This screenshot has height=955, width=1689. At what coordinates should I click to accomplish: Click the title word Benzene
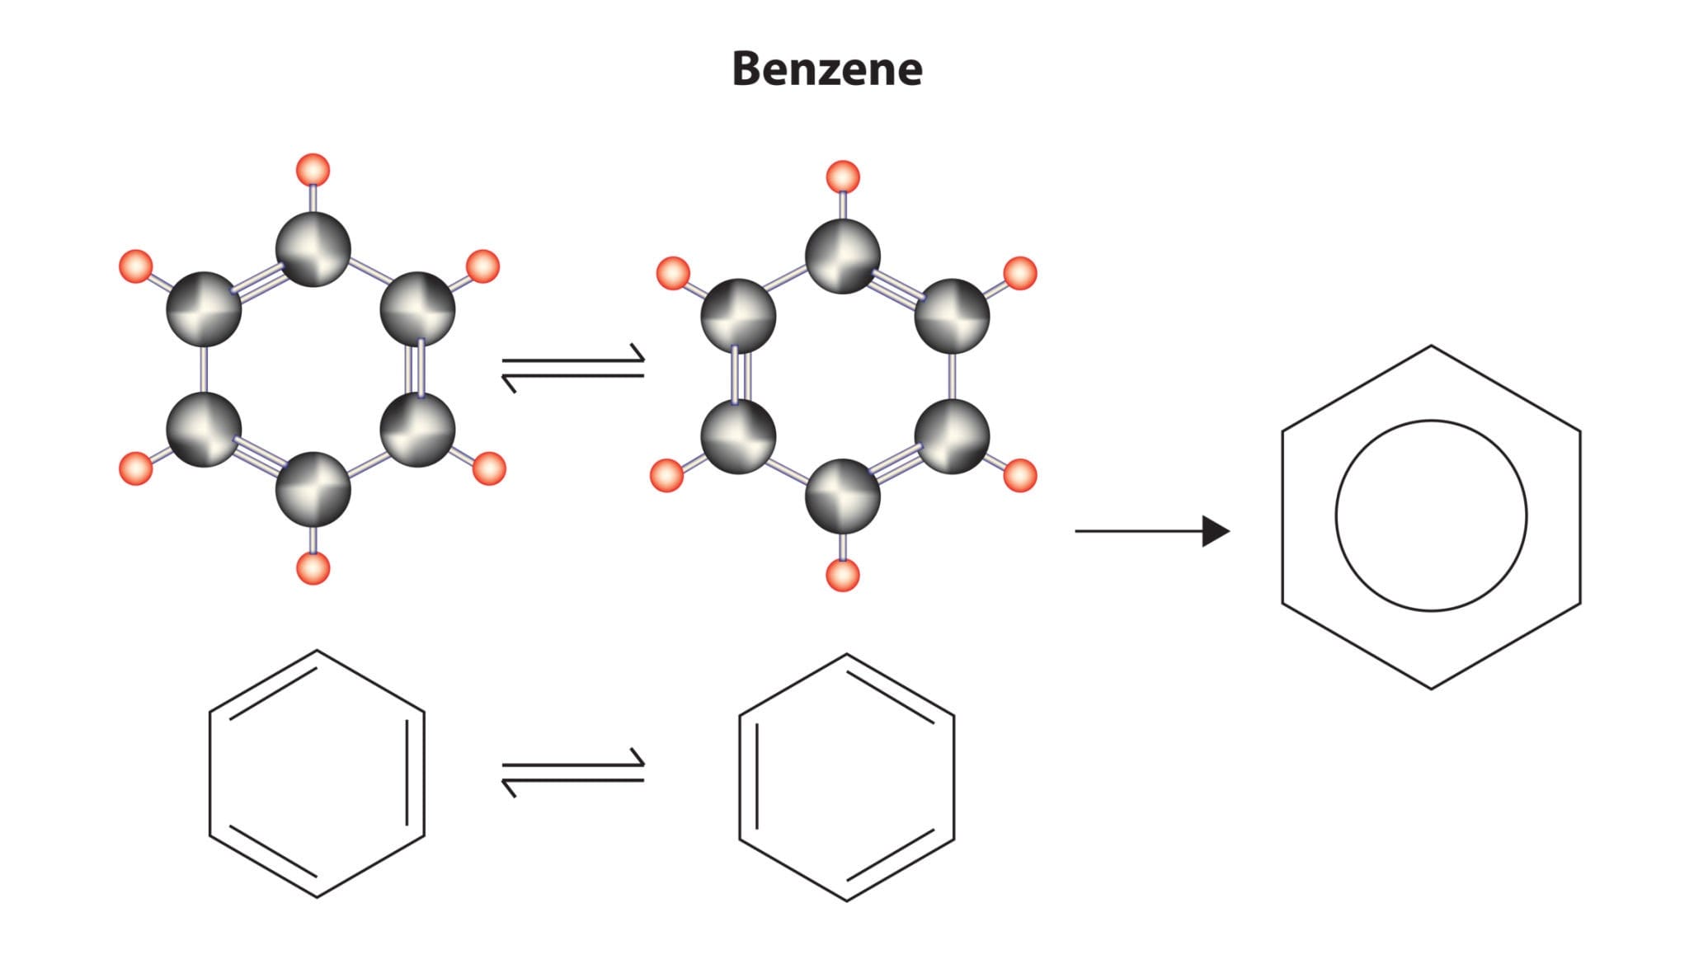pos(827,68)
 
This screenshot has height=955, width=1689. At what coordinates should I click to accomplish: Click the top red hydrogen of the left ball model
pos(313,170)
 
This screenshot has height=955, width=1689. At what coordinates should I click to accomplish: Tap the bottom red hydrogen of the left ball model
pos(313,568)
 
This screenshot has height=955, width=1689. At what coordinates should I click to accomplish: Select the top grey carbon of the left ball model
pos(313,248)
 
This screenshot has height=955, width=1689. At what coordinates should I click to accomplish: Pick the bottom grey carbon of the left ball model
pos(313,489)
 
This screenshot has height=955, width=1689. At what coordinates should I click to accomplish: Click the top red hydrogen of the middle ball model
pos(842,176)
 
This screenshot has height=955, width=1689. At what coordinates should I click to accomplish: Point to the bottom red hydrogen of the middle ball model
pos(842,575)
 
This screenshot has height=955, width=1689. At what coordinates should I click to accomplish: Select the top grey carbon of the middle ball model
pos(842,256)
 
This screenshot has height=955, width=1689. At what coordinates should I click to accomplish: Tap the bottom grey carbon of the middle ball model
pos(842,496)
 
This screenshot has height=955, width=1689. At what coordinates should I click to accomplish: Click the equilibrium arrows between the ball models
pos(573,368)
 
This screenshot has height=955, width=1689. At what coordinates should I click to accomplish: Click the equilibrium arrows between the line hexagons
pos(573,772)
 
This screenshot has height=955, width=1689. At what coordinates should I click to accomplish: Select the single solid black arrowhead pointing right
pos(1215,531)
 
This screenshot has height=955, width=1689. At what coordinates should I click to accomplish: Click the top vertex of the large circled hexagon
pos(1431,346)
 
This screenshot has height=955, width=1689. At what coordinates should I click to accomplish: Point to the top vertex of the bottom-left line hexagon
pos(317,651)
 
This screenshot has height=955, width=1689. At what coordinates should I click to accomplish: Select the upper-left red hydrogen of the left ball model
pos(136,266)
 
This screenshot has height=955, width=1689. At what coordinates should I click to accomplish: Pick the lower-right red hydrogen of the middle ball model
pos(1019,476)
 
